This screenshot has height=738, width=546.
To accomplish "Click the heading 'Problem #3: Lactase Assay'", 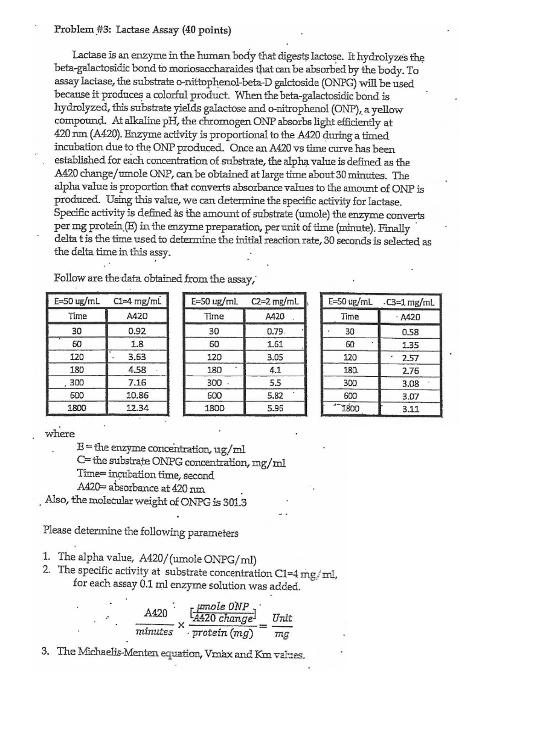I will pos(143,29).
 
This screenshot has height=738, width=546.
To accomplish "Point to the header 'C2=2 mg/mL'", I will pos(275,301).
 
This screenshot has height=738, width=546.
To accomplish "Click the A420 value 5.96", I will pos(275,408).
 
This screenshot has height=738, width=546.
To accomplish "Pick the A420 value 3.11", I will pos(411,408).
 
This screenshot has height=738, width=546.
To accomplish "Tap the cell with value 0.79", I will pos(275,331).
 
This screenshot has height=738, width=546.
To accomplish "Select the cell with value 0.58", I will pos(411,332).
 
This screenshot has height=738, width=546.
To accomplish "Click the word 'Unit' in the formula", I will pos(282,618).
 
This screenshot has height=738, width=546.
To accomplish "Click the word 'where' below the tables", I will pos(60,434).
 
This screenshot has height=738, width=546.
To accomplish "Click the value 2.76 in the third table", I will pos(411,370).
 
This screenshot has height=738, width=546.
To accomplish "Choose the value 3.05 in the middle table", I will pos(275,357).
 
